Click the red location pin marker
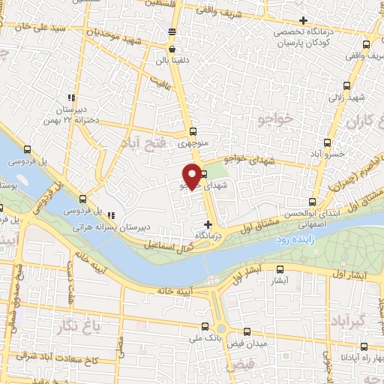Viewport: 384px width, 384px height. click(193, 175)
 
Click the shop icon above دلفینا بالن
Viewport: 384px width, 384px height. click(172, 31)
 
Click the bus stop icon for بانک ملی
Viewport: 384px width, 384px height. click(206, 327)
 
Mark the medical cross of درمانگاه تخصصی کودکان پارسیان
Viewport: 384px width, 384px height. click(302, 20)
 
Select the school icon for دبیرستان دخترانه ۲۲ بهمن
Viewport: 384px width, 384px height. click(71, 97)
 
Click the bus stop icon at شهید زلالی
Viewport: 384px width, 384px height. click(346, 85)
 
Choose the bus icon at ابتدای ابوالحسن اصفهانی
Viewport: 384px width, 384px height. click(313, 201)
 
